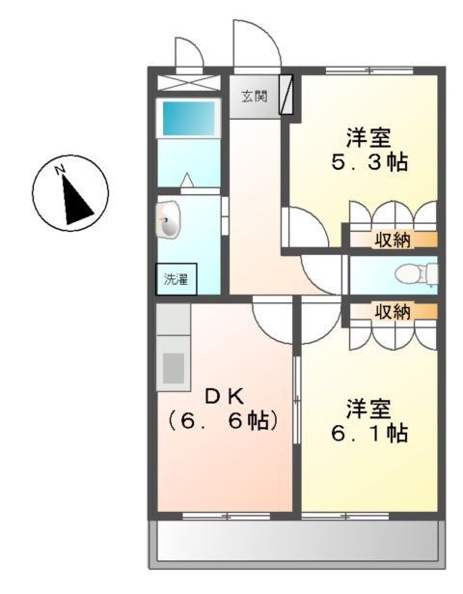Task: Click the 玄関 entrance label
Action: pyautogui.click(x=255, y=97)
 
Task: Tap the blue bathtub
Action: pyautogui.click(x=188, y=119)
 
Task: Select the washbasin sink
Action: pyautogui.click(x=169, y=220)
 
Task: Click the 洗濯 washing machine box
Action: pyautogui.click(x=177, y=279)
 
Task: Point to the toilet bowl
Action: pyautogui.click(x=416, y=273)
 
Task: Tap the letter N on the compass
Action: pyautogui.click(x=60, y=170)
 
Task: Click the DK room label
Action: pyautogui.click(x=224, y=396)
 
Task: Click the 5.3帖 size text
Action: pyautogui.click(x=369, y=162)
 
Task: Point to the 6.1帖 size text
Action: pyautogui.click(x=369, y=433)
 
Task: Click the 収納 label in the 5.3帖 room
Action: pyautogui.click(x=393, y=240)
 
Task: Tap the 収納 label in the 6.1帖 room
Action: pyautogui.click(x=393, y=312)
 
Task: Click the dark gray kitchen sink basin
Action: pyautogui.click(x=174, y=368)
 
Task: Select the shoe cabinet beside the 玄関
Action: pyautogui.click(x=286, y=95)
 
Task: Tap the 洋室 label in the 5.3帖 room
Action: pyautogui.click(x=368, y=138)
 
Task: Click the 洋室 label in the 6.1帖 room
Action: pyautogui.click(x=368, y=409)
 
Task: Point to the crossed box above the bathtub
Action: pyautogui.click(x=188, y=83)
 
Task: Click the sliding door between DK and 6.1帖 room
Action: pyautogui.click(x=297, y=400)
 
